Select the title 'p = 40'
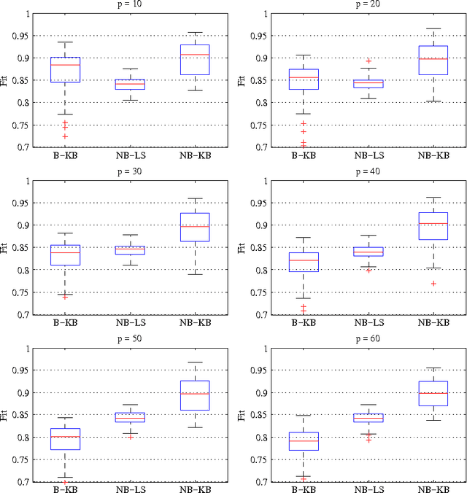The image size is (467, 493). [x=363, y=173]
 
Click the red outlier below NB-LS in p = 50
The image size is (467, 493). [x=131, y=437]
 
